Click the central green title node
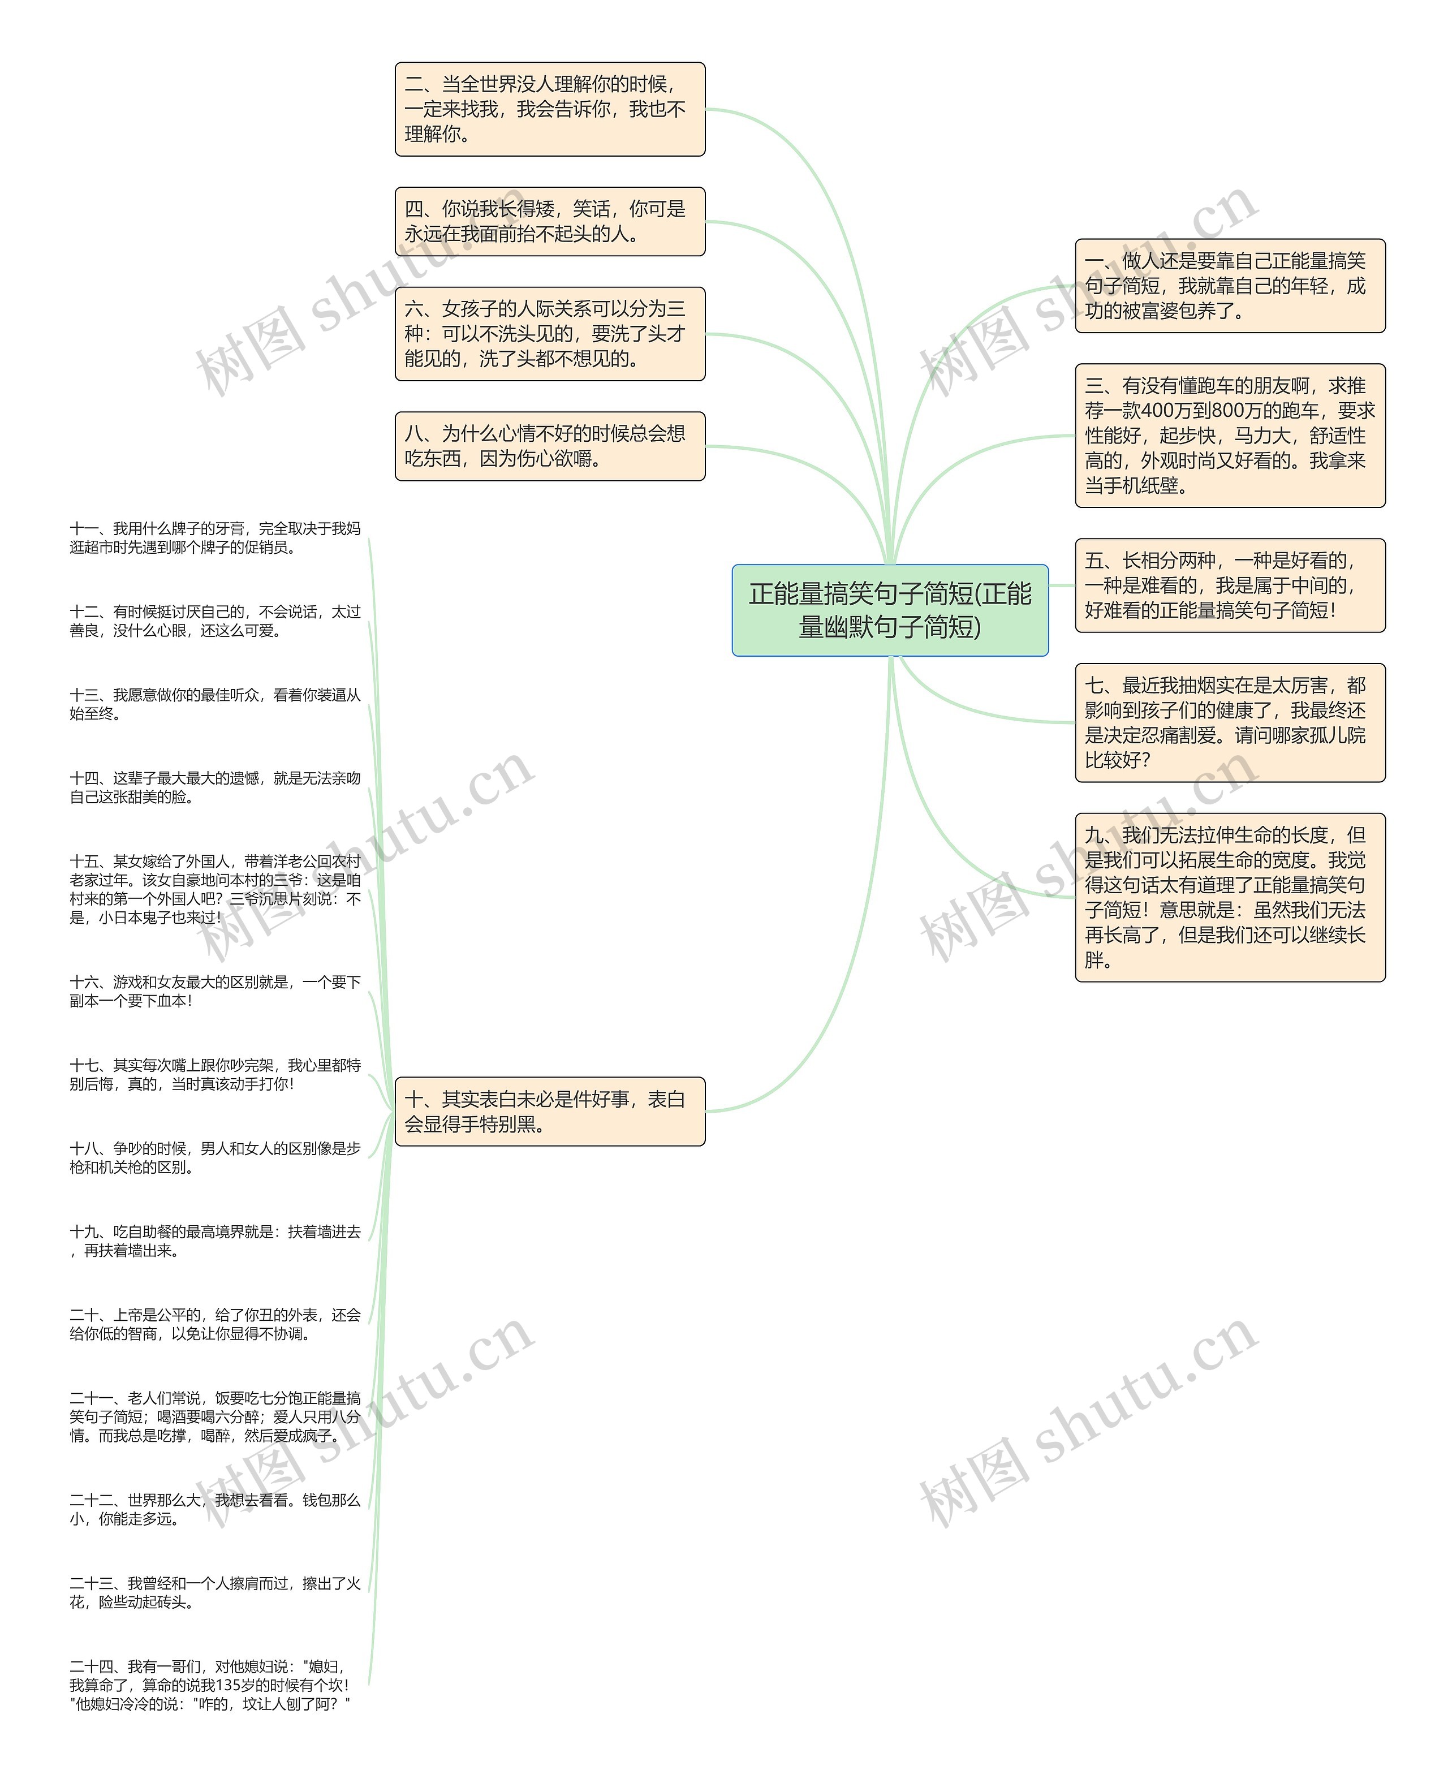(x=889, y=610)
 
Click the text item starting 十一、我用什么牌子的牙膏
(x=215, y=538)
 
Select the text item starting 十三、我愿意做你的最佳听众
(x=215, y=704)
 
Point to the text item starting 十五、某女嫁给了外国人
(x=215, y=889)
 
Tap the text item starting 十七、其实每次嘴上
(x=215, y=1074)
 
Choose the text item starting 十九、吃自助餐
(x=215, y=1241)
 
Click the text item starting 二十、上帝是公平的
(x=215, y=1324)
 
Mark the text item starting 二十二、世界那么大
(x=215, y=1509)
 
